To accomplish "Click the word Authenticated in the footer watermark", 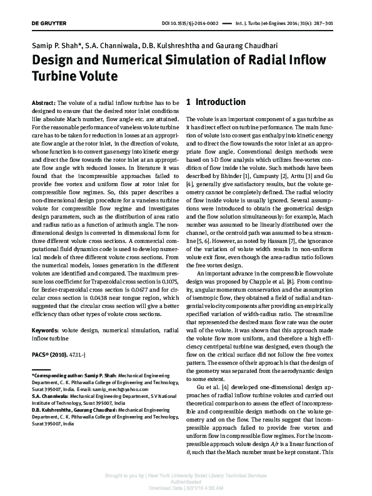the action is (186, 482).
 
